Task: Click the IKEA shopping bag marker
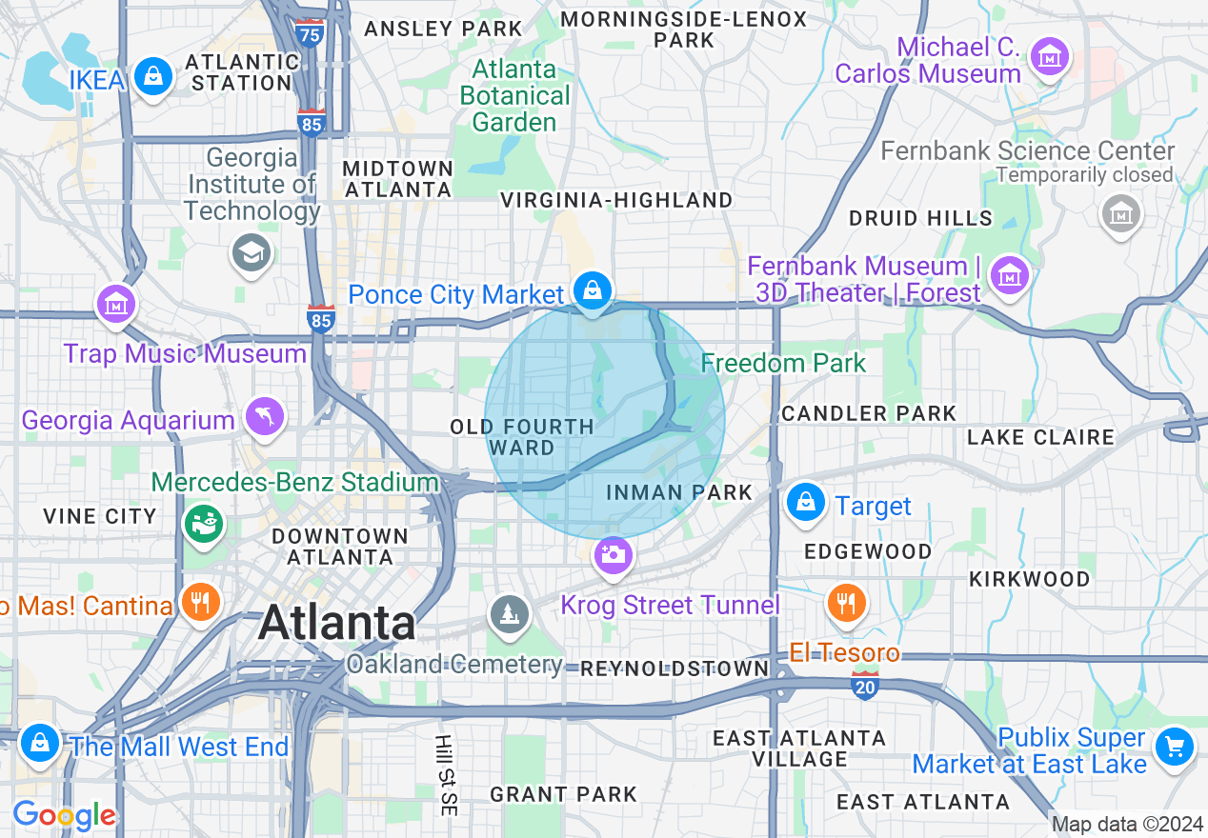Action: pos(152,76)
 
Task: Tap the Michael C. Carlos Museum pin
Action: pos(1050,57)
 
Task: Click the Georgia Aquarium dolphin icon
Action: pos(264,416)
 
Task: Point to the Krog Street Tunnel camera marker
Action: pos(613,555)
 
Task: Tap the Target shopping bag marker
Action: pos(806,501)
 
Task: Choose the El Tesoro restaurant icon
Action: pos(844,602)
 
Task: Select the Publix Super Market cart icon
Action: pos(1174,746)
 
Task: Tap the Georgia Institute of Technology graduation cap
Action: pos(252,252)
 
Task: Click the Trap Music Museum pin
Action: pos(116,305)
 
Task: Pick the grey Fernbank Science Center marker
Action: pos(1120,213)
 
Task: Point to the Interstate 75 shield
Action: pos(309,31)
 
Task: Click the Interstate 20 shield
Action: pos(864,685)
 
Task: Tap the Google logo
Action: pos(64,816)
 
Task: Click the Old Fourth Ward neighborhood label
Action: pos(522,437)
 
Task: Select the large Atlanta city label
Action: pos(336,624)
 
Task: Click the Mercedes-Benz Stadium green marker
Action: pos(204,522)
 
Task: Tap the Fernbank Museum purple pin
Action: pos(1009,275)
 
